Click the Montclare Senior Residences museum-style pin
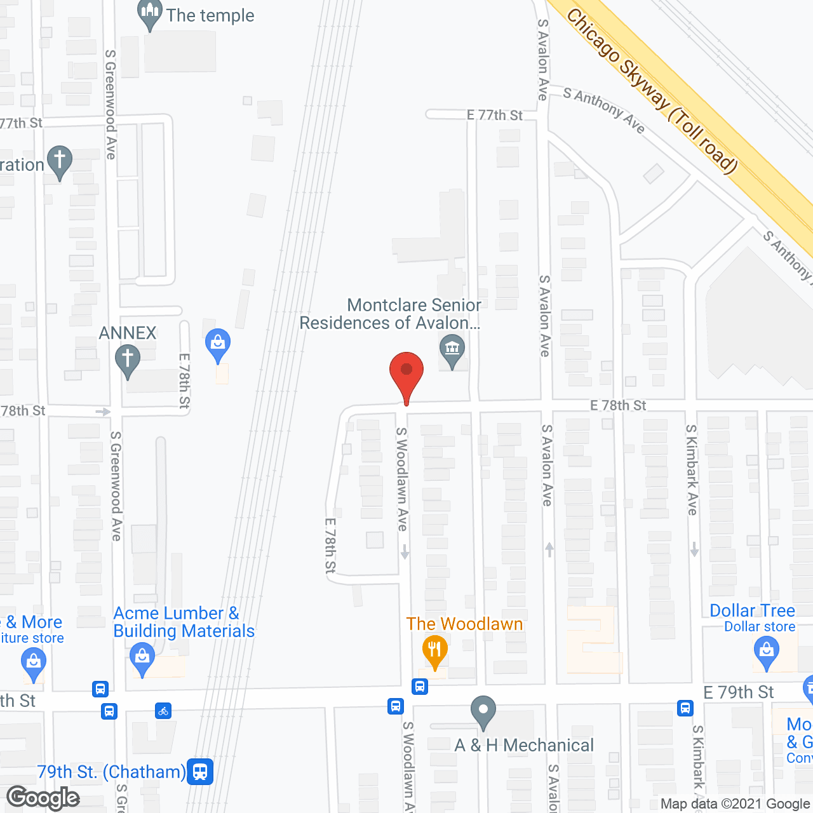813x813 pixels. coord(452,350)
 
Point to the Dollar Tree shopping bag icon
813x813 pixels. coord(767,653)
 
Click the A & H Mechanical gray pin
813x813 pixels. coord(483,711)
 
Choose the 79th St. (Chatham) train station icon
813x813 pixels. coord(200,772)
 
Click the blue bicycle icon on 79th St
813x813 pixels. coord(163,711)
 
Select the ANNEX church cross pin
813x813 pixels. coord(127,359)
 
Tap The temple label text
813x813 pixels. coord(210,15)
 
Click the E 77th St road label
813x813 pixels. coord(494,115)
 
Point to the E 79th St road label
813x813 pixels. coord(738,692)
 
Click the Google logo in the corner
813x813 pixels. coord(43,798)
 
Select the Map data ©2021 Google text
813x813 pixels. coord(735,803)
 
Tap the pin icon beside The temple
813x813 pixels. coord(150,14)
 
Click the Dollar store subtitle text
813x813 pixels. coord(760,627)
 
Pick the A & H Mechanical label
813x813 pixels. coord(524,745)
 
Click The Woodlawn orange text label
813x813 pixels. coord(464,624)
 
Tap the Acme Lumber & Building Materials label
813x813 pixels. coord(184,622)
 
